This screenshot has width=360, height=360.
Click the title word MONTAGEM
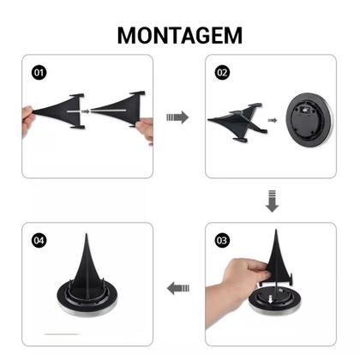(180, 34)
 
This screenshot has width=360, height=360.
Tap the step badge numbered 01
(39, 73)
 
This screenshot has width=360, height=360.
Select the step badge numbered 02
(223, 73)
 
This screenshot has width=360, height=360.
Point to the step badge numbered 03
(223, 241)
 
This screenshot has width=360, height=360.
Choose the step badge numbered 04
(39, 241)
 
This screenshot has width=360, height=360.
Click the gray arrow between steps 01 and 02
(177, 117)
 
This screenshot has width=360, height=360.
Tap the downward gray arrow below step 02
(272, 202)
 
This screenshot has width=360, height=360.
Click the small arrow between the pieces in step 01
(85, 110)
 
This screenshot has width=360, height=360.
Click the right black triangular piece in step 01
(116, 109)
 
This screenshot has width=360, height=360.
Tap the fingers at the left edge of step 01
(27, 117)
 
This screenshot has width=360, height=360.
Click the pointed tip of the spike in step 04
(89, 234)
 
